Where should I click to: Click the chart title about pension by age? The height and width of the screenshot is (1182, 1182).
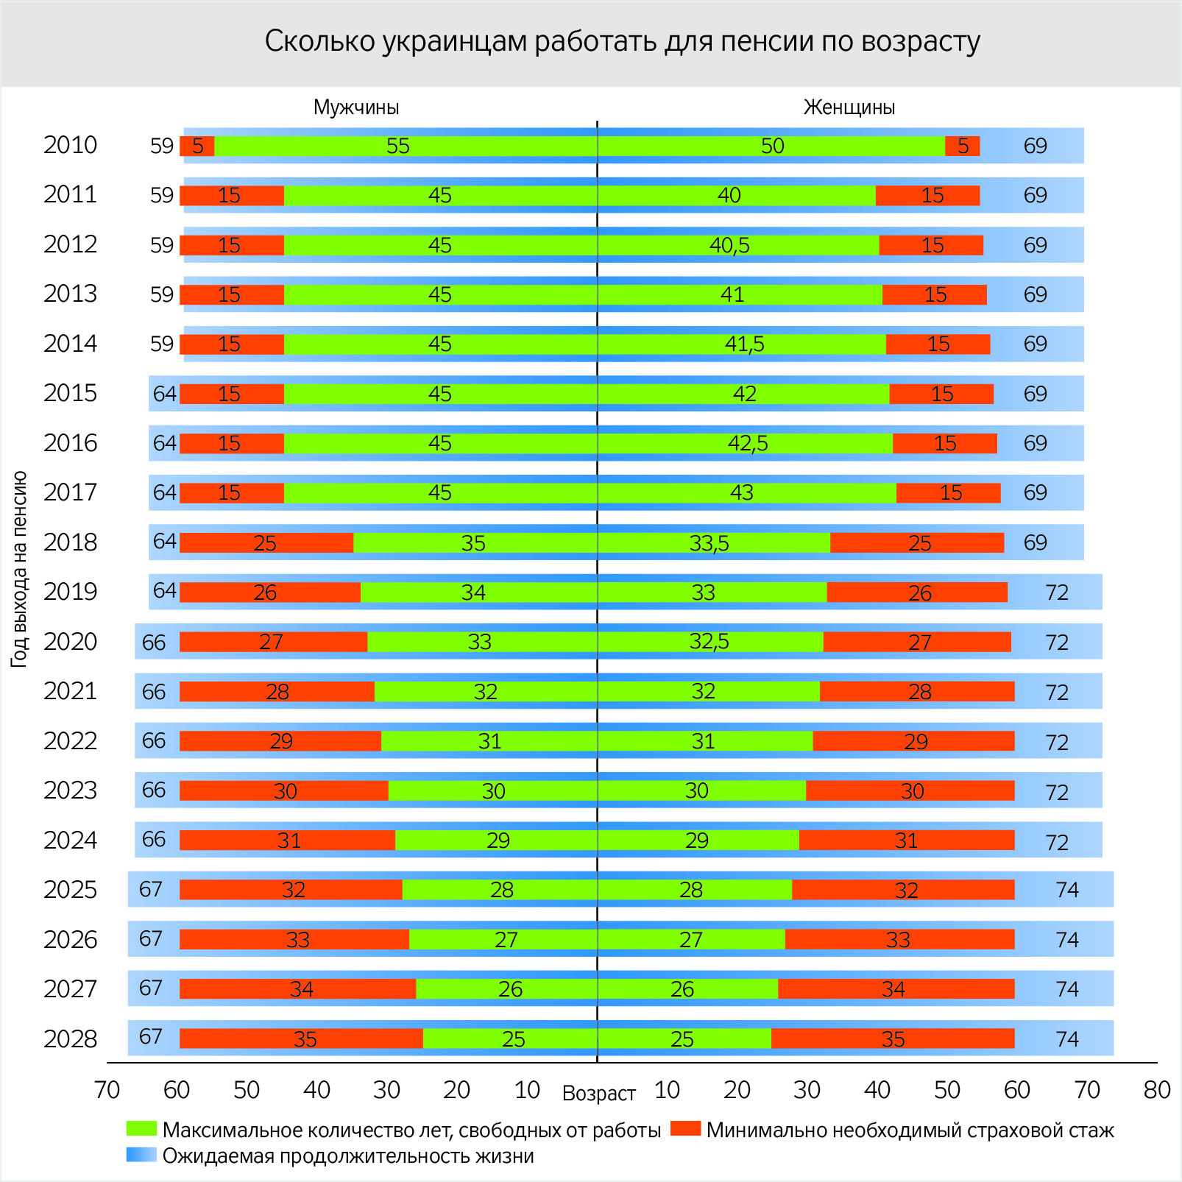coord(622,42)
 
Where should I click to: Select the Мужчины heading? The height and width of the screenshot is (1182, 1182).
coord(356,107)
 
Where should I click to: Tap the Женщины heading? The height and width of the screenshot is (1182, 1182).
coord(849,107)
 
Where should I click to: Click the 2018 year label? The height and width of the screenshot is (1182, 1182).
coord(70,542)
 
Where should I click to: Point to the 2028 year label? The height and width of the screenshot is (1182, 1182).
coord(70,1039)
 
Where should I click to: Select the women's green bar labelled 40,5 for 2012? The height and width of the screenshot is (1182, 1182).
coord(738,245)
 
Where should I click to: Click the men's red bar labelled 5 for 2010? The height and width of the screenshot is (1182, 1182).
coord(197,146)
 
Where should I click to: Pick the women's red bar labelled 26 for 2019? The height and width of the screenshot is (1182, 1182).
coord(917,592)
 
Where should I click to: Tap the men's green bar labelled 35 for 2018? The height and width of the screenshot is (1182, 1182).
coord(475,543)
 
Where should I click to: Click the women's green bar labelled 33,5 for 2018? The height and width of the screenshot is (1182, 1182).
coord(714,543)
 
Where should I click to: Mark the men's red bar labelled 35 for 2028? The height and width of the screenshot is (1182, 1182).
coord(301,1039)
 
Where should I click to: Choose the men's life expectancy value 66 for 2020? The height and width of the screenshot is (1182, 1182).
coord(154,643)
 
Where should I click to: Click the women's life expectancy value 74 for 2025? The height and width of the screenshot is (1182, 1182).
coord(1067,890)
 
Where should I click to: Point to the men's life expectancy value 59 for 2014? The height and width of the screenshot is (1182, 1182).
coord(162,344)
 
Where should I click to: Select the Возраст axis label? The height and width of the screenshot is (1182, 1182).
coord(598,1094)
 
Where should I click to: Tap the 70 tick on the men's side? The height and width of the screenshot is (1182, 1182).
coord(107,1090)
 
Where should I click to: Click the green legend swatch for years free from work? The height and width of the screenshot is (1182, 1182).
coord(141,1129)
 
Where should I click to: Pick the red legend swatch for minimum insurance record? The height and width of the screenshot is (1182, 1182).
coord(686,1129)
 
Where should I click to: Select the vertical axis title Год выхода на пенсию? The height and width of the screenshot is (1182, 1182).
coord(20,569)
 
